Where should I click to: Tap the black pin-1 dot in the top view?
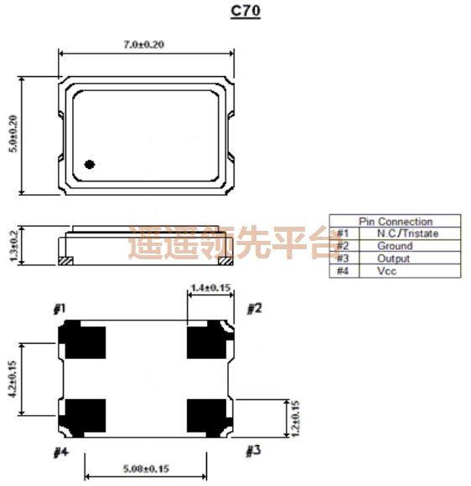(90, 164)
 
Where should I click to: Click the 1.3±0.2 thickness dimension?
(11, 245)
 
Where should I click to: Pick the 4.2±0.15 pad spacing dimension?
(11, 378)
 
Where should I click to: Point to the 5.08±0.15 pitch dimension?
(147, 468)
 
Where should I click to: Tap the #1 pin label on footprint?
(60, 310)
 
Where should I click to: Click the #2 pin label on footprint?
(254, 309)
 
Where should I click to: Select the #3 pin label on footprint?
(253, 452)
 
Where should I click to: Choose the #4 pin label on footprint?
(60, 453)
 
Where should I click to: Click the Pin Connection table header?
(396, 222)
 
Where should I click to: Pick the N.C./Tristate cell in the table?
(407, 233)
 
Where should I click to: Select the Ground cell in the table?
(394, 246)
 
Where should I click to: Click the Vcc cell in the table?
(386, 271)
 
